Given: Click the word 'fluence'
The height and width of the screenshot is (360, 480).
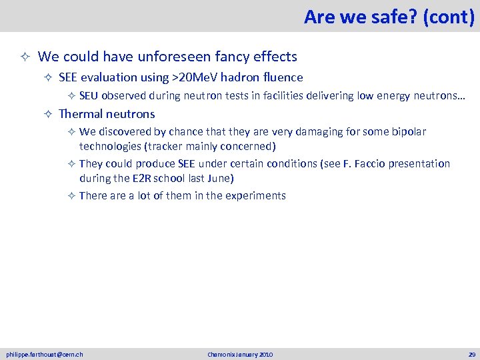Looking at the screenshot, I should coord(282,77).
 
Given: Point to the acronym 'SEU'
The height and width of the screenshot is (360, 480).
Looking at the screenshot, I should coord(89,95).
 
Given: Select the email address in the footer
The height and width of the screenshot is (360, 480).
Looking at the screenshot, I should coord(45,354).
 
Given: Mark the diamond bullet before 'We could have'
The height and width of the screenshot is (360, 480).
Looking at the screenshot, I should coord(24,57).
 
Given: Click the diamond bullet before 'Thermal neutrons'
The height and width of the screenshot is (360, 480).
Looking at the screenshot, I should coord(48,115).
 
